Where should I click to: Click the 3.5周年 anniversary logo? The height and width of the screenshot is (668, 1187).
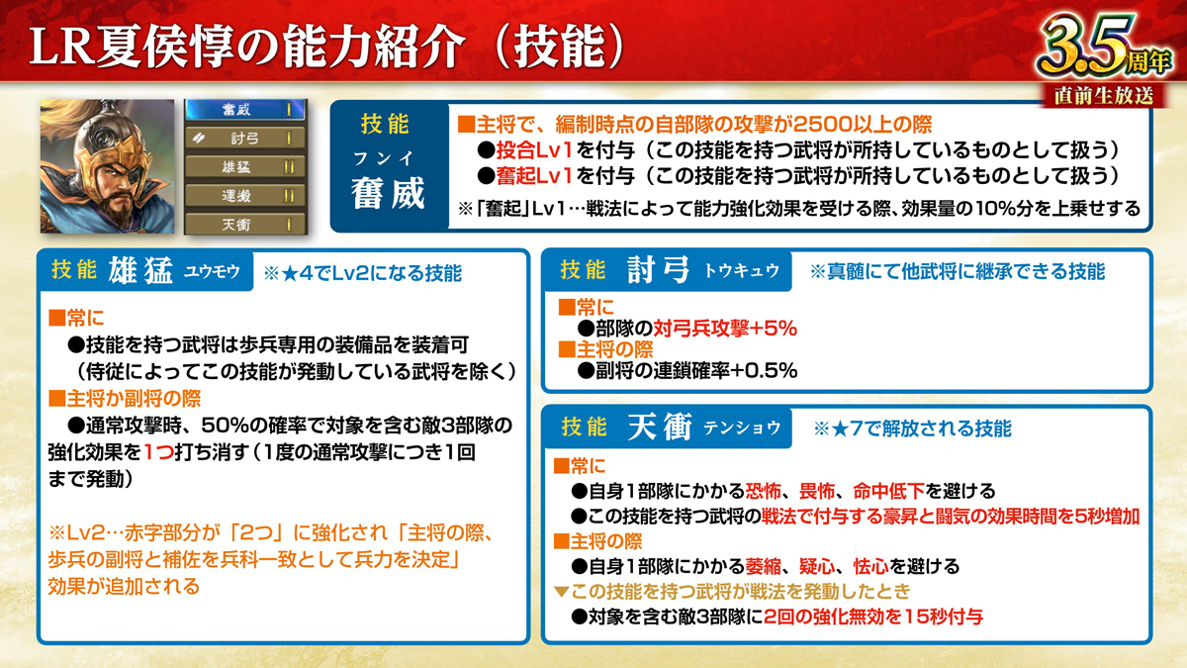pos(1105,47)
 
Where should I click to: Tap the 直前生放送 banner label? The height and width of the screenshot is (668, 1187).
pos(1104,96)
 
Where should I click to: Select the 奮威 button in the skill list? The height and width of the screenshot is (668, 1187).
pos(245,110)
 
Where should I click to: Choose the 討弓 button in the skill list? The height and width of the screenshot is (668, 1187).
pos(245,139)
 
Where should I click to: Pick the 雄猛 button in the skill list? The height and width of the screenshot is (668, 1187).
pos(245,167)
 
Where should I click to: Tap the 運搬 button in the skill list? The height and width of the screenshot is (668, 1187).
pos(245,196)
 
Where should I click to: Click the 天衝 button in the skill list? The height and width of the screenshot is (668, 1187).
pos(245,225)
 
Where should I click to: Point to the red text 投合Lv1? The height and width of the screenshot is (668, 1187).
pos(533,150)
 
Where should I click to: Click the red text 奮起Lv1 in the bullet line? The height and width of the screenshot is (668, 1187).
pos(533,176)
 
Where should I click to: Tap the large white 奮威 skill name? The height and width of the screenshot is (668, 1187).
pos(388,194)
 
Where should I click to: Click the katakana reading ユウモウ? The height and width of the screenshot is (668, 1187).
pos(212,272)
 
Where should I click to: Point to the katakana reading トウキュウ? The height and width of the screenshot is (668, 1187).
pos(741,271)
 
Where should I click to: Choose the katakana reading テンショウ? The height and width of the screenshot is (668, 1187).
pos(742,428)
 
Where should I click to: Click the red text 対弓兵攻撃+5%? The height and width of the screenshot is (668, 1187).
pos(725,329)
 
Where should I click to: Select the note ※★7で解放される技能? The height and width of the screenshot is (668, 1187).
pos(912,429)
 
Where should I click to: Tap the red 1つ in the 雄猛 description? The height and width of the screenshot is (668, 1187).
pos(158,453)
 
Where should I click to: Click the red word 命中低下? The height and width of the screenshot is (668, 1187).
pos(888,492)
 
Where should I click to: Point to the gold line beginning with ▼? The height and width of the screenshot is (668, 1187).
pos(732,591)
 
